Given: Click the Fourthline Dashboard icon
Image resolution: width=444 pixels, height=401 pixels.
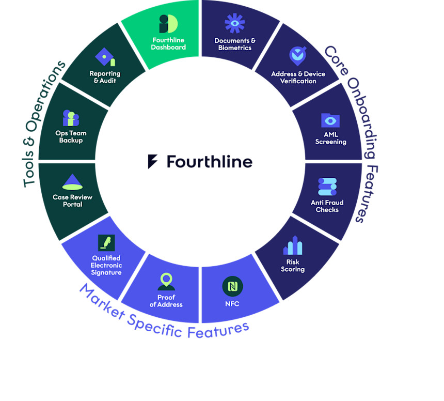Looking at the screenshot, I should coord(168,24).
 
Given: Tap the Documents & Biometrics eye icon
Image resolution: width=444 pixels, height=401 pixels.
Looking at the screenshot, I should coord(234,24).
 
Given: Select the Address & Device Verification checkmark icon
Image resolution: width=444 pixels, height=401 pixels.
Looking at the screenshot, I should coord(298,55).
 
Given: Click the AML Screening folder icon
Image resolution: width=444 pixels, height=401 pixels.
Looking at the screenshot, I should coord(330,120).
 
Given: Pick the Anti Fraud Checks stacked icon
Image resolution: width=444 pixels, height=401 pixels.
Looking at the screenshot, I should coord(327,186).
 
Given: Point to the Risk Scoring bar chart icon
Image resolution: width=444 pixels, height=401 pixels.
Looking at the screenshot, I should coord(293,246).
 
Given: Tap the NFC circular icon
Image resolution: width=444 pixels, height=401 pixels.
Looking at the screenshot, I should coord(232,286).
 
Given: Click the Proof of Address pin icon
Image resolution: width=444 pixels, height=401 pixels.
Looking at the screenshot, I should coord(166,282).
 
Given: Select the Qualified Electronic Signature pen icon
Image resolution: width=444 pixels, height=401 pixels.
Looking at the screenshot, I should coord(106,243).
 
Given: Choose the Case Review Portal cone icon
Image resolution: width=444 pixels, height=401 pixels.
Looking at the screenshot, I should coord(72,182).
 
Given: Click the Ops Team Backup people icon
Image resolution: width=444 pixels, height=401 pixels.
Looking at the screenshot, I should coord(71,118).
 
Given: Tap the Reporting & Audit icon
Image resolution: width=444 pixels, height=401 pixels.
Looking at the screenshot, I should coord(105,57).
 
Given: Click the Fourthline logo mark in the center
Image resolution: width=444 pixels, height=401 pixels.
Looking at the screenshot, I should coord(152,162).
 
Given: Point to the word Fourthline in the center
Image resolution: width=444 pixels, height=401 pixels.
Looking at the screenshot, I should coord(210,162).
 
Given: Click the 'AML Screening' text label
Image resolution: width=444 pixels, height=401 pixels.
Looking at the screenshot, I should coord(331,138).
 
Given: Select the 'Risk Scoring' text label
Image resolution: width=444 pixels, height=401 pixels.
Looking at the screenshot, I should coord(293,266).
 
